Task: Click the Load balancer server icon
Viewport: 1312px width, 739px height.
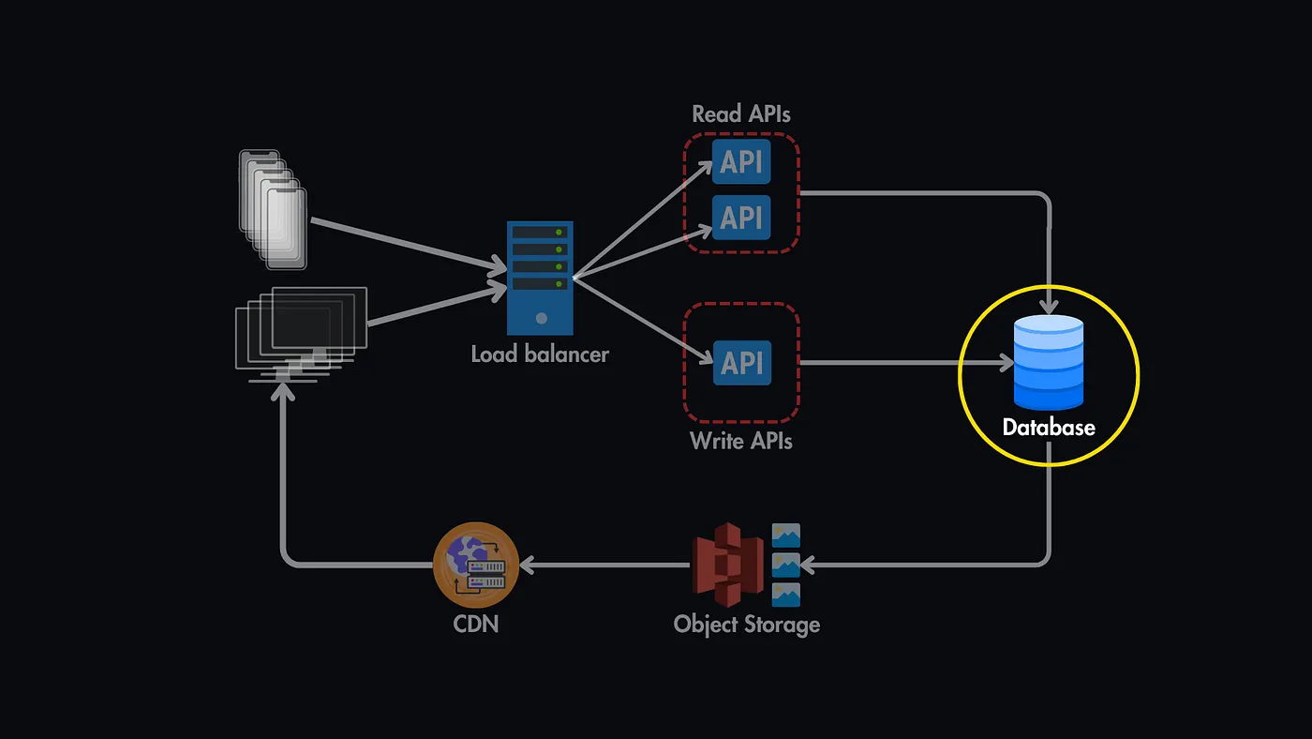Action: click(x=541, y=278)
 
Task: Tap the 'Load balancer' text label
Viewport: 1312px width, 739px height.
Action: click(x=540, y=354)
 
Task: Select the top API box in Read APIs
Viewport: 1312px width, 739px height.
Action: click(x=741, y=162)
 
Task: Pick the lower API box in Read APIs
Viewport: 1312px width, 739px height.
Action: click(x=741, y=217)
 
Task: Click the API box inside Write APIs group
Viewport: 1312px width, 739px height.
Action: click(x=741, y=362)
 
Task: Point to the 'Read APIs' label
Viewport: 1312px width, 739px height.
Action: click(x=741, y=114)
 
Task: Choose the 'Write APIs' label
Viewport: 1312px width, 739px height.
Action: click(x=741, y=440)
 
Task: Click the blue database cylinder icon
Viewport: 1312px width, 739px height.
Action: click(x=1048, y=363)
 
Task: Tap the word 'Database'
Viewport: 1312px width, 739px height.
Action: click(x=1049, y=428)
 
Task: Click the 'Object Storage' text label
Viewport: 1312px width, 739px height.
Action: click(x=747, y=624)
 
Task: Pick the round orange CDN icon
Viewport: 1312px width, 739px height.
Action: click(x=476, y=564)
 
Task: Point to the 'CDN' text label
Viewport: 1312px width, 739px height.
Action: click(x=476, y=622)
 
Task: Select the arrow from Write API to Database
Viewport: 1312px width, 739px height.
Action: click(x=904, y=362)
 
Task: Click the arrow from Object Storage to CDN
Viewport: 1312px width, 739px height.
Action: click(x=604, y=565)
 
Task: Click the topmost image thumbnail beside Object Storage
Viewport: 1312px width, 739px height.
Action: click(x=785, y=535)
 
